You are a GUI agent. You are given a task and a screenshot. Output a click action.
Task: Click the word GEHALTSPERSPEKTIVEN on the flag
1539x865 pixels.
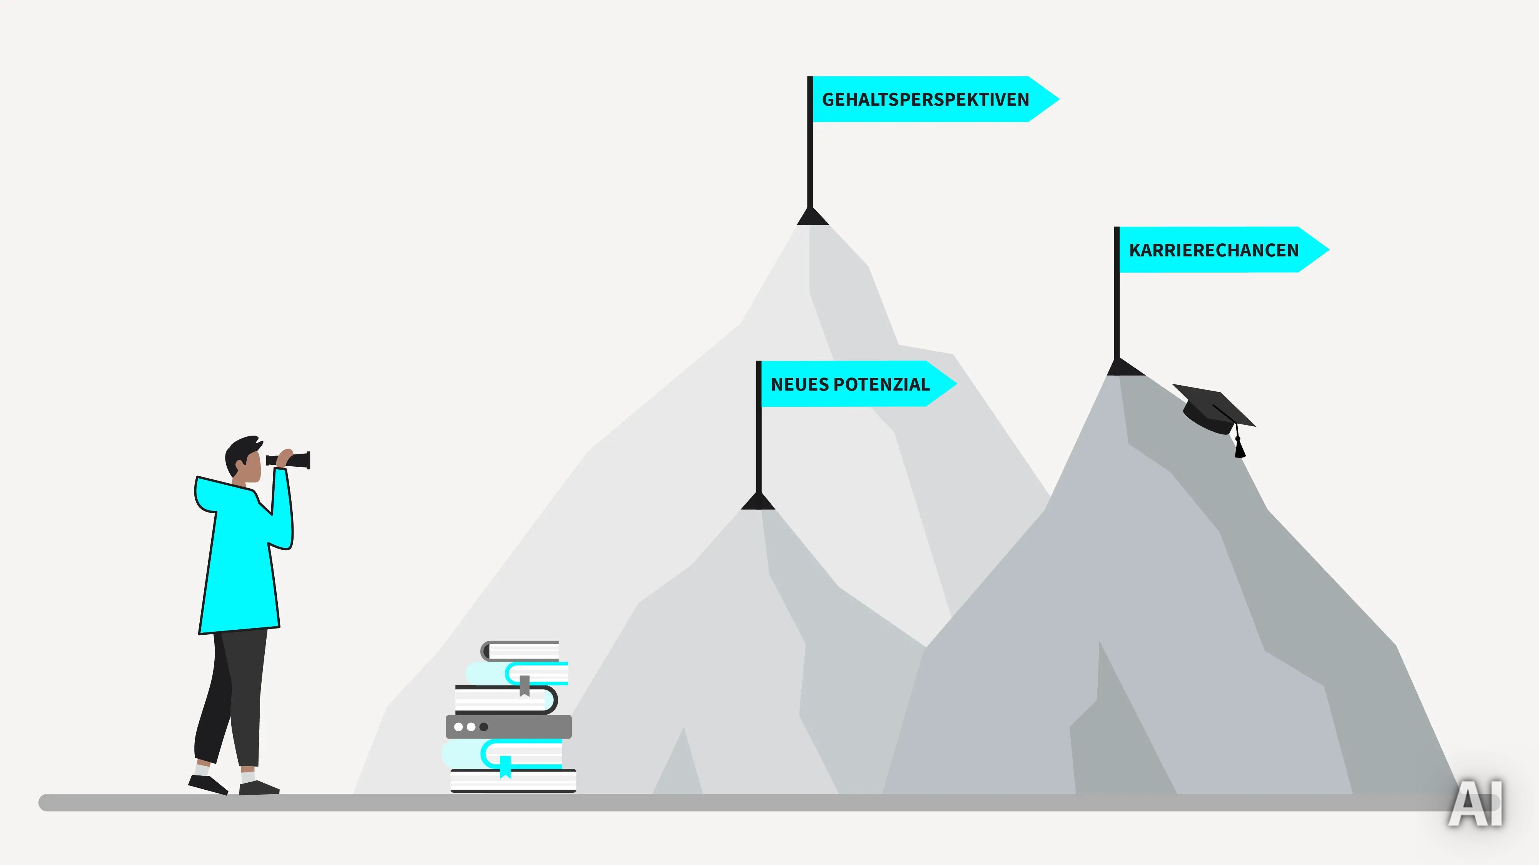tap(925, 99)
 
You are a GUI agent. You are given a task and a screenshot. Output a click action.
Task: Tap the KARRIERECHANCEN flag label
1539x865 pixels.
tap(1214, 250)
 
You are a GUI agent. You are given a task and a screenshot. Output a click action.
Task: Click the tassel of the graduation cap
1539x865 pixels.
tap(1240, 446)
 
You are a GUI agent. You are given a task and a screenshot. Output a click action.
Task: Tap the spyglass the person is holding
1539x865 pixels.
tap(289, 460)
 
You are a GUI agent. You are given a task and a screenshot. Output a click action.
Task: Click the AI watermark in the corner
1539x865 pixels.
tap(1475, 803)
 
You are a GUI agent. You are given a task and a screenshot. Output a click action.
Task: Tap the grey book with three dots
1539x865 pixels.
tap(508, 727)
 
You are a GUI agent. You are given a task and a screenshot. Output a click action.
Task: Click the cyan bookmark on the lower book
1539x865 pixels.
tap(505, 767)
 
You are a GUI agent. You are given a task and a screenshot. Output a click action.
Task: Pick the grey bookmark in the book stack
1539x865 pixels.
tap(524, 686)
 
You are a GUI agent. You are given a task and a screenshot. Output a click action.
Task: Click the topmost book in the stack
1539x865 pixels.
tap(520, 651)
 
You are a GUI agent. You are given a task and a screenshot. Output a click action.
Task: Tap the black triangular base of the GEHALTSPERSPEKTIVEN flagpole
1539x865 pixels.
tap(813, 216)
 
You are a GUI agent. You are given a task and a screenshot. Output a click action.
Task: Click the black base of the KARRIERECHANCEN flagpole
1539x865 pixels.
tap(1125, 366)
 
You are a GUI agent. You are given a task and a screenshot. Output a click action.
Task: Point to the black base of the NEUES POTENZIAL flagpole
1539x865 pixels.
tap(758, 501)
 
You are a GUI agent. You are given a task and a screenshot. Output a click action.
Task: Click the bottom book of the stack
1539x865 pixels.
tap(513, 781)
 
